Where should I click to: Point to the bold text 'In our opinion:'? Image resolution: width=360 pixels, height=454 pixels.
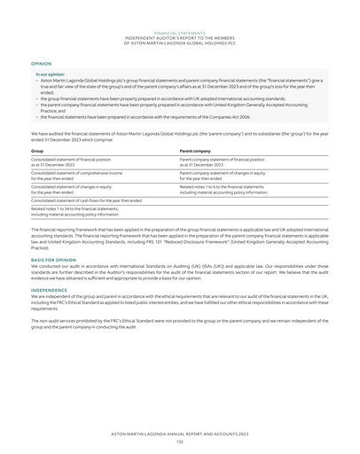(49, 74)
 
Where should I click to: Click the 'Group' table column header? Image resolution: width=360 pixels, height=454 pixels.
(37, 152)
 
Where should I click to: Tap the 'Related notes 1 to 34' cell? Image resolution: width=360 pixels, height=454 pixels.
(80, 212)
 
